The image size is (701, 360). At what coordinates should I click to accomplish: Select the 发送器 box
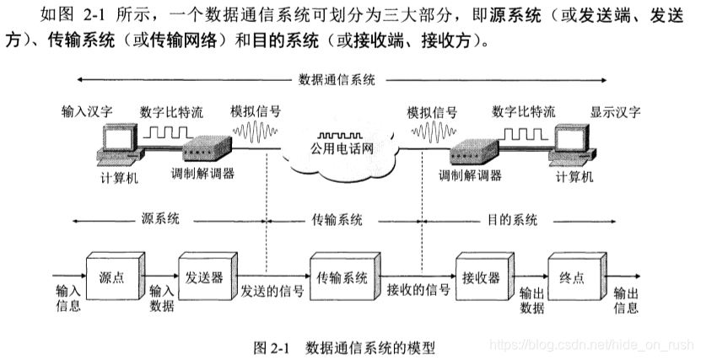205,276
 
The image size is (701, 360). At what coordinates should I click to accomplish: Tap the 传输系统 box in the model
341,276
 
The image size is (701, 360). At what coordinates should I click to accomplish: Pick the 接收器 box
481,276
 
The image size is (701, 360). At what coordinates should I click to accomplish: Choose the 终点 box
574,276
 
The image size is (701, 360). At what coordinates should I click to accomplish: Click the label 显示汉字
615,110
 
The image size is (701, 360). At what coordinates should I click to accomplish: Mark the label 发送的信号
272,291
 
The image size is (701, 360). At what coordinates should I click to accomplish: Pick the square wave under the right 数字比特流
522,132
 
